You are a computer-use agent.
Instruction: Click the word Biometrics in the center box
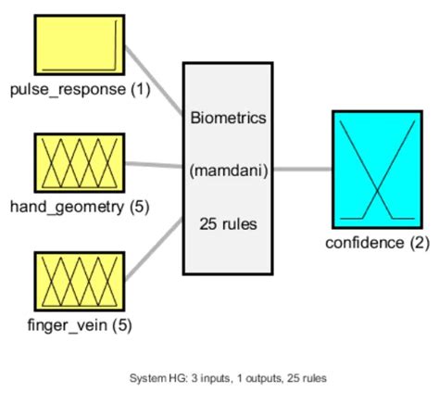coord(228,118)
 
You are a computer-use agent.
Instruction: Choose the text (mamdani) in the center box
coord(228,171)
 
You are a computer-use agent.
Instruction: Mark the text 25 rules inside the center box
coord(228,223)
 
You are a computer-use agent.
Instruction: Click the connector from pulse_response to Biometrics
coord(154,79)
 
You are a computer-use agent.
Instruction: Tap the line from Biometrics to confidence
coord(303,170)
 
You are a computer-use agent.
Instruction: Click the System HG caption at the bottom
coord(227,377)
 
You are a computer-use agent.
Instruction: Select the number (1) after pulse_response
coord(140,90)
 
